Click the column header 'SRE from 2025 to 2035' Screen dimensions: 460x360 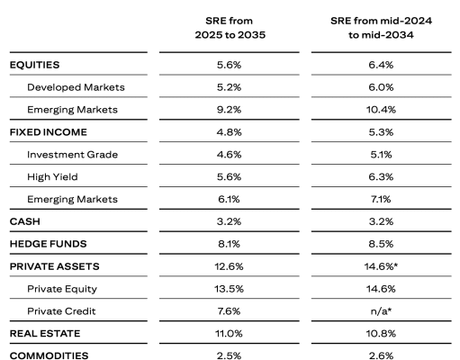230,28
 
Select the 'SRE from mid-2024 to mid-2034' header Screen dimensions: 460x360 381,28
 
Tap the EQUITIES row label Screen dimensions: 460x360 34,65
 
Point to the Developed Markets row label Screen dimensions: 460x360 76,87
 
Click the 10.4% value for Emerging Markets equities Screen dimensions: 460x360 381,110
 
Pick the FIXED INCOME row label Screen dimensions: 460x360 49,132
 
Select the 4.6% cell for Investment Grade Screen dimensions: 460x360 229,155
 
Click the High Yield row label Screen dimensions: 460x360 52,177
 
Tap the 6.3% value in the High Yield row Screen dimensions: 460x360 381,176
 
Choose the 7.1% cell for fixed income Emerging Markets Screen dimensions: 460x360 381,199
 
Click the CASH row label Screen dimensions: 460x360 25,221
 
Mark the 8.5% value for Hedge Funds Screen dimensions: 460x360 381,244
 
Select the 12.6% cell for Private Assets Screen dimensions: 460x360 229,266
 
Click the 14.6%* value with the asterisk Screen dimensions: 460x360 381,266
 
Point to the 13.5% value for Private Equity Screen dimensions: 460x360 229,289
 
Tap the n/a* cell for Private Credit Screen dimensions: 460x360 381,311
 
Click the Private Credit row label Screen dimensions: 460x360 61,311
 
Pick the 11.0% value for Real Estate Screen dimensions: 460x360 229,334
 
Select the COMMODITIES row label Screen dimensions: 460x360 49,355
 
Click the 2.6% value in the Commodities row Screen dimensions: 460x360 381,355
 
